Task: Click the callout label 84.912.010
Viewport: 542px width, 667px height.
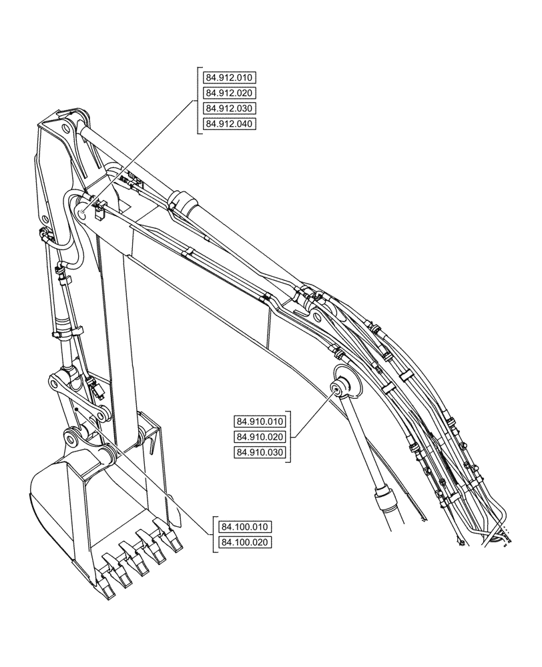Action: [x=230, y=77]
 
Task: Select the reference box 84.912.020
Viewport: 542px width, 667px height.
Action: [x=230, y=93]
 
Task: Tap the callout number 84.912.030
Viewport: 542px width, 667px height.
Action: [x=230, y=108]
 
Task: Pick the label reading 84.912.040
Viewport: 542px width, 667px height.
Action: [x=230, y=123]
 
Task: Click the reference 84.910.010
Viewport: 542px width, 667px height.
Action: [x=260, y=421]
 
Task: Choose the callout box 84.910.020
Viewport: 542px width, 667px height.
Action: [x=260, y=437]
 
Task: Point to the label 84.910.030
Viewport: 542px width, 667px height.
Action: [x=260, y=452]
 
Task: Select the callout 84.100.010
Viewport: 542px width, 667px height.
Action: [x=245, y=527]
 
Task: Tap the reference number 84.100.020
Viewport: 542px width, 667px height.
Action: [x=245, y=542]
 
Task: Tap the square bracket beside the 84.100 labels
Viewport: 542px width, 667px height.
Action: [x=214, y=534]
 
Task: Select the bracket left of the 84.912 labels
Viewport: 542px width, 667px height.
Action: [x=199, y=100]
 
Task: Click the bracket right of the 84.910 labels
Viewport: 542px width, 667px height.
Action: [x=290, y=437]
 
